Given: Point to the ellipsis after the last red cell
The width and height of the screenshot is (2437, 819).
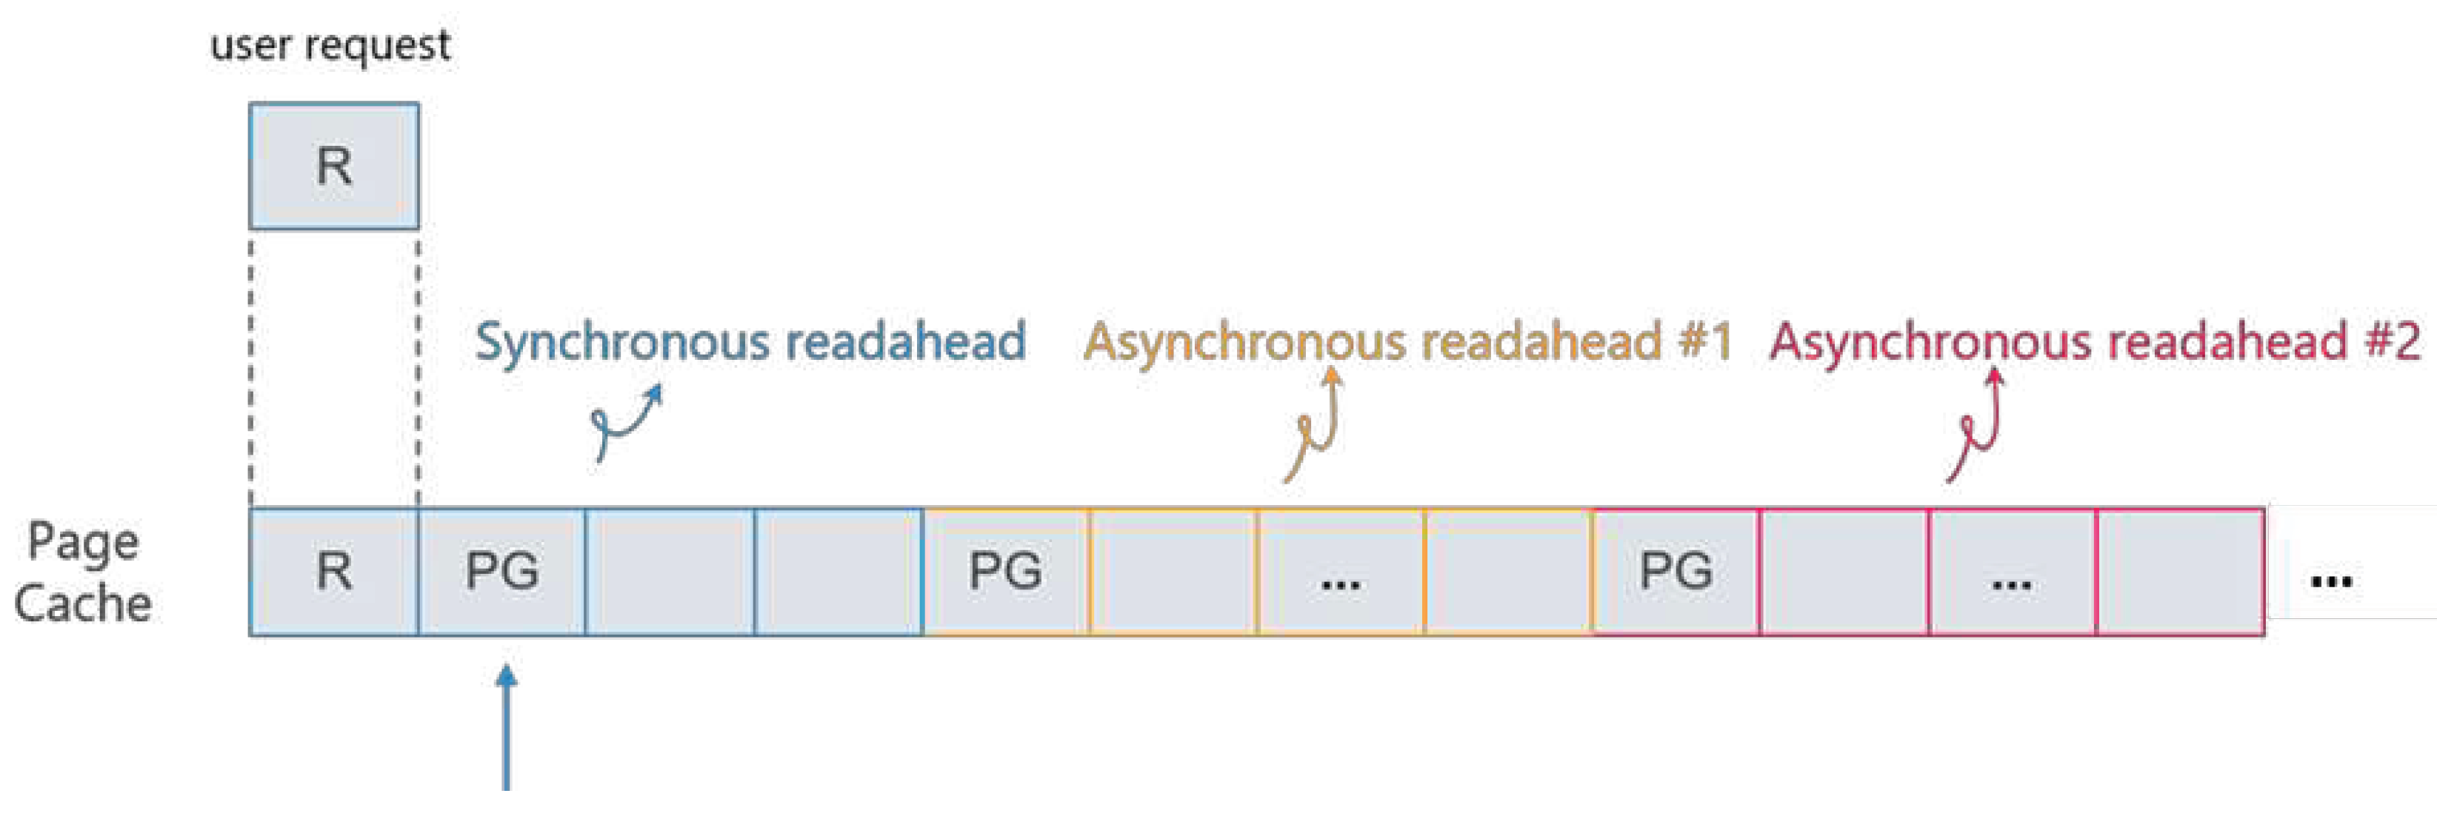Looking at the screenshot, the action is point(2331,579).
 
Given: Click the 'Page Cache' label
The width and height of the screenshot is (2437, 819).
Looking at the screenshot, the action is point(83,572).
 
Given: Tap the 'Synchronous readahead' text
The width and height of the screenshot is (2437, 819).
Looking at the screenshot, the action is point(750,341).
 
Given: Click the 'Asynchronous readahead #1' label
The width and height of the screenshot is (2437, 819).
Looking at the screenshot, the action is point(1407,341).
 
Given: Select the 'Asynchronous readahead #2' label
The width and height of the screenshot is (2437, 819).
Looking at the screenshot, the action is point(2095,341).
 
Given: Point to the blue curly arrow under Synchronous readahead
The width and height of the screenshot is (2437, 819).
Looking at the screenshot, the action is point(625,421).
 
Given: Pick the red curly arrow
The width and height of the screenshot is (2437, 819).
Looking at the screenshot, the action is point(1977,426).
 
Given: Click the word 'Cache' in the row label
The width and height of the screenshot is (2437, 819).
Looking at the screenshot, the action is point(83,604).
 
